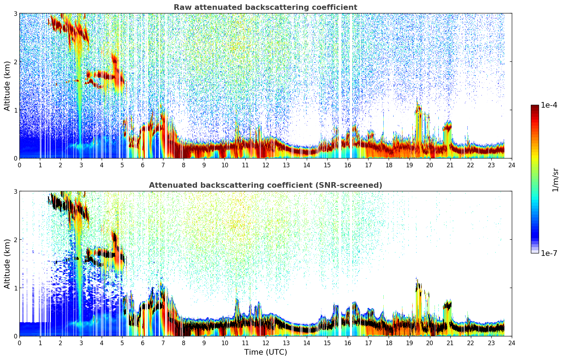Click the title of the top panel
[x=265, y=7]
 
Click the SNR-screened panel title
[x=265, y=185]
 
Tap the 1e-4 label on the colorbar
[x=549, y=105]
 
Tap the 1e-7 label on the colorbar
[x=549, y=253]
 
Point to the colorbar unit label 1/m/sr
[x=555, y=180]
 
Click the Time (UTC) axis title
[x=265, y=352]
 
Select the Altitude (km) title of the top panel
[x=7, y=86]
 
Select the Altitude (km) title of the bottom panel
[x=7, y=264]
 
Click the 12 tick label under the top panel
[x=266, y=165]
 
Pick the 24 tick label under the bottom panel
[x=512, y=343]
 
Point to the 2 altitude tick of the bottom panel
[x=15, y=240]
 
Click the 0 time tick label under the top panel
[x=20, y=165]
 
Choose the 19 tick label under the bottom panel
[x=409, y=343]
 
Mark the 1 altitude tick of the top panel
[x=15, y=110]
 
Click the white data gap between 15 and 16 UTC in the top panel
[x=340, y=85]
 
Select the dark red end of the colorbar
[x=535, y=107]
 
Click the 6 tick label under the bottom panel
[x=143, y=343]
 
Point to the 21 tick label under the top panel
[x=450, y=165]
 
